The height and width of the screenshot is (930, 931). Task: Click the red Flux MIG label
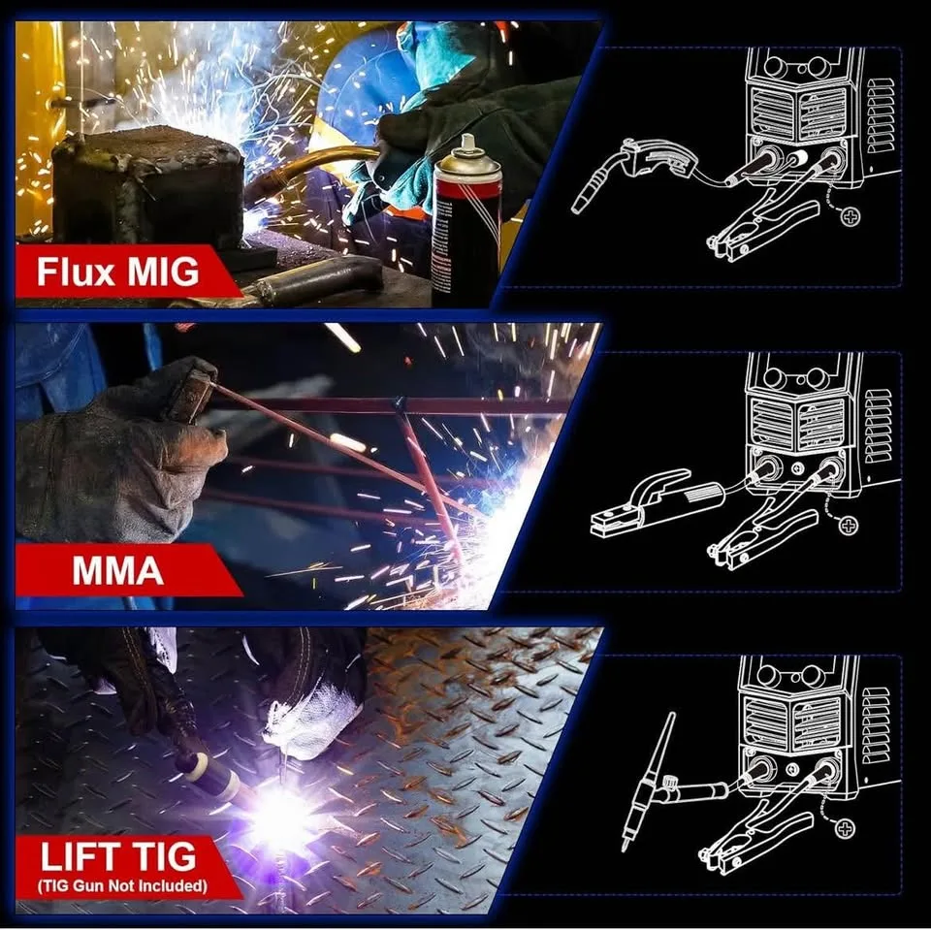click(117, 273)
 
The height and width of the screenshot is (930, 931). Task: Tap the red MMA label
click(117, 570)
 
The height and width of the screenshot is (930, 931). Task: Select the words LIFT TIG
click(117, 856)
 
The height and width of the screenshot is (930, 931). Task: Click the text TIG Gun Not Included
click(123, 885)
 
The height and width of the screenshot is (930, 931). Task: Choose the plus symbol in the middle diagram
click(849, 525)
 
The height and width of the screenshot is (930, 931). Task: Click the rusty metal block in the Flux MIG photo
click(145, 189)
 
